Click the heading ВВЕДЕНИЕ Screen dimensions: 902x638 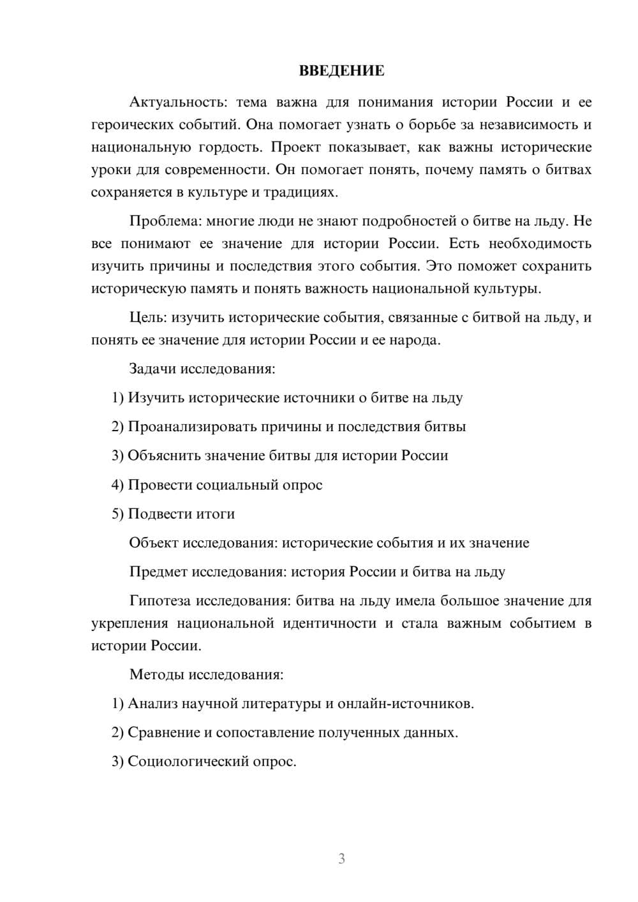coord(341,71)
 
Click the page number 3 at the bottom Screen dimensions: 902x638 coord(341,859)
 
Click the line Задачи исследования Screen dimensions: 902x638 coord(202,369)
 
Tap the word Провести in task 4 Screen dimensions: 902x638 coord(160,485)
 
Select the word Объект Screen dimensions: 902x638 coord(154,543)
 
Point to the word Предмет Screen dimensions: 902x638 coord(158,572)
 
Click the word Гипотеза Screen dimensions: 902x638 coord(159,601)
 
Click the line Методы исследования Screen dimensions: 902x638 coord(206,674)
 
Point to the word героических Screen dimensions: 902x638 coord(130,124)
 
